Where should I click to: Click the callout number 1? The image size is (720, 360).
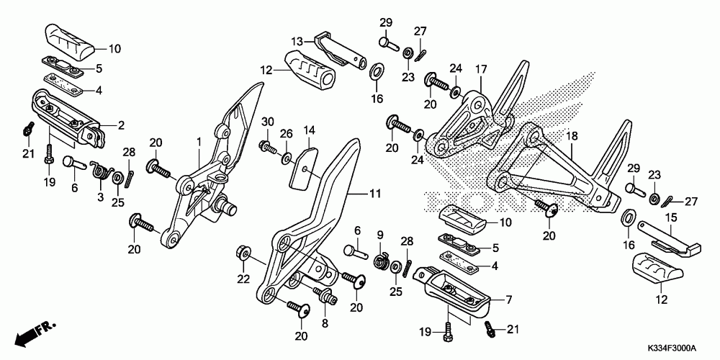(199, 143)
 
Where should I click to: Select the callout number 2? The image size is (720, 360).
(122, 125)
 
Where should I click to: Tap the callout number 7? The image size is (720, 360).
(508, 300)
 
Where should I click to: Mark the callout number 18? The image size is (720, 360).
(572, 135)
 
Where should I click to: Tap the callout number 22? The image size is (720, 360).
(243, 278)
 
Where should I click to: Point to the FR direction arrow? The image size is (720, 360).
(36, 332)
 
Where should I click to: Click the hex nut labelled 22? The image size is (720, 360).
(243, 253)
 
